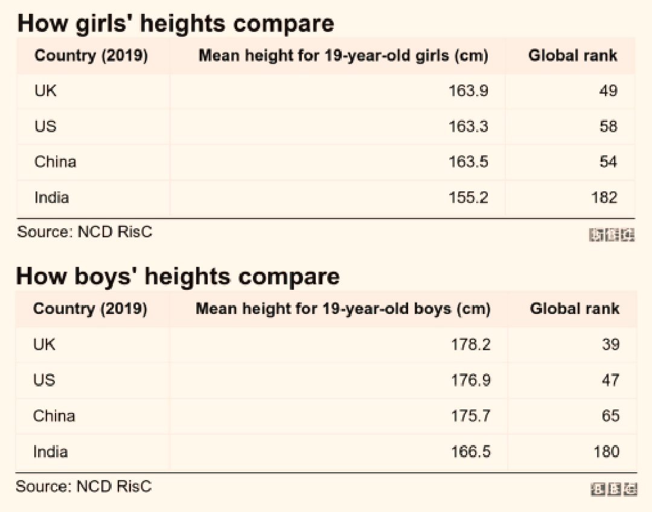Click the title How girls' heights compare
(x=175, y=24)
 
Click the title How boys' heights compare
(x=177, y=277)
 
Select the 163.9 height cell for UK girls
(x=468, y=91)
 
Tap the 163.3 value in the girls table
(x=468, y=126)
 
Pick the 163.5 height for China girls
(x=468, y=162)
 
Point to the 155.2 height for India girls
(x=468, y=197)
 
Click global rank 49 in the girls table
(x=609, y=91)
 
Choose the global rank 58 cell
(x=609, y=126)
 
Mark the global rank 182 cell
(x=604, y=197)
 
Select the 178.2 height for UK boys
(x=470, y=344)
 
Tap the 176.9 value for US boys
(x=470, y=380)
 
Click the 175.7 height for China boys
(x=470, y=415)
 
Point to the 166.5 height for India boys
(x=470, y=451)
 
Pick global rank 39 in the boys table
(x=610, y=344)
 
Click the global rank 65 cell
(x=610, y=415)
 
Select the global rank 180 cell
(x=606, y=451)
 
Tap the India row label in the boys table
(x=50, y=451)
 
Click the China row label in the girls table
(x=55, y=162)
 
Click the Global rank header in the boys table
(x=574, y=309)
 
